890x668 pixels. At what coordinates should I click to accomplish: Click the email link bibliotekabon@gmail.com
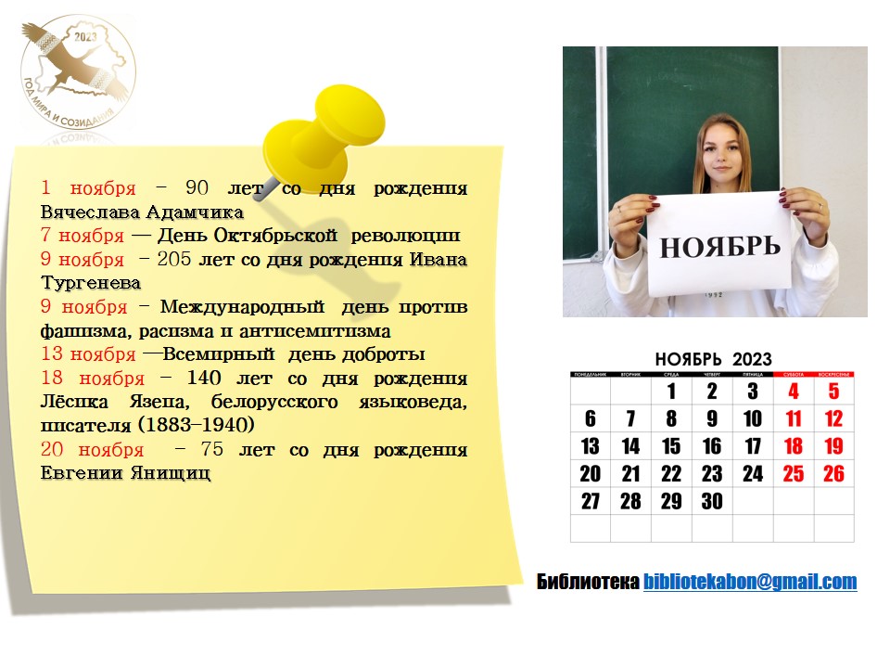(x=750, y=582)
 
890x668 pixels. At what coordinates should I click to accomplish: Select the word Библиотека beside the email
(x=588, y=582)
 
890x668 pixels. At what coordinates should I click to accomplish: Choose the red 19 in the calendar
(x=833, y=446)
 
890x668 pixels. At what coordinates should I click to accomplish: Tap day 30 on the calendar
(x=712, y=501)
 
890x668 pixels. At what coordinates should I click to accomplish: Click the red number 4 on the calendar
(x=794, y=392)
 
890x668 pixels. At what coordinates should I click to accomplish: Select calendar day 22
(x=671, y=474)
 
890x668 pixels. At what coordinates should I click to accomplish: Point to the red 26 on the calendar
(x=833, y=474)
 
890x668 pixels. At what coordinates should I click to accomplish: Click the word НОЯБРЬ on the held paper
(x=719, y=247)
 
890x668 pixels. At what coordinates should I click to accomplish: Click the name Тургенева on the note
(x=91, y=282)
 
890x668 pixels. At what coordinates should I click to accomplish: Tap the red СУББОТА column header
(x=794, y=374)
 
